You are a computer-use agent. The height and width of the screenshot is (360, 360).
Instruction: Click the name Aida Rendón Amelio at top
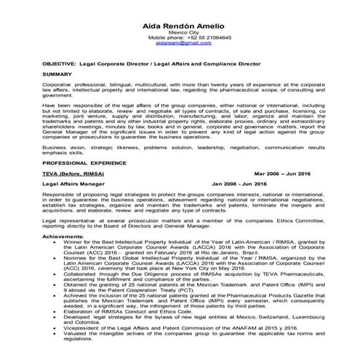coord(180,25)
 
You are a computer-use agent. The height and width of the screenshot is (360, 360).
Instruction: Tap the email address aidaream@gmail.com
coord(180,44)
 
